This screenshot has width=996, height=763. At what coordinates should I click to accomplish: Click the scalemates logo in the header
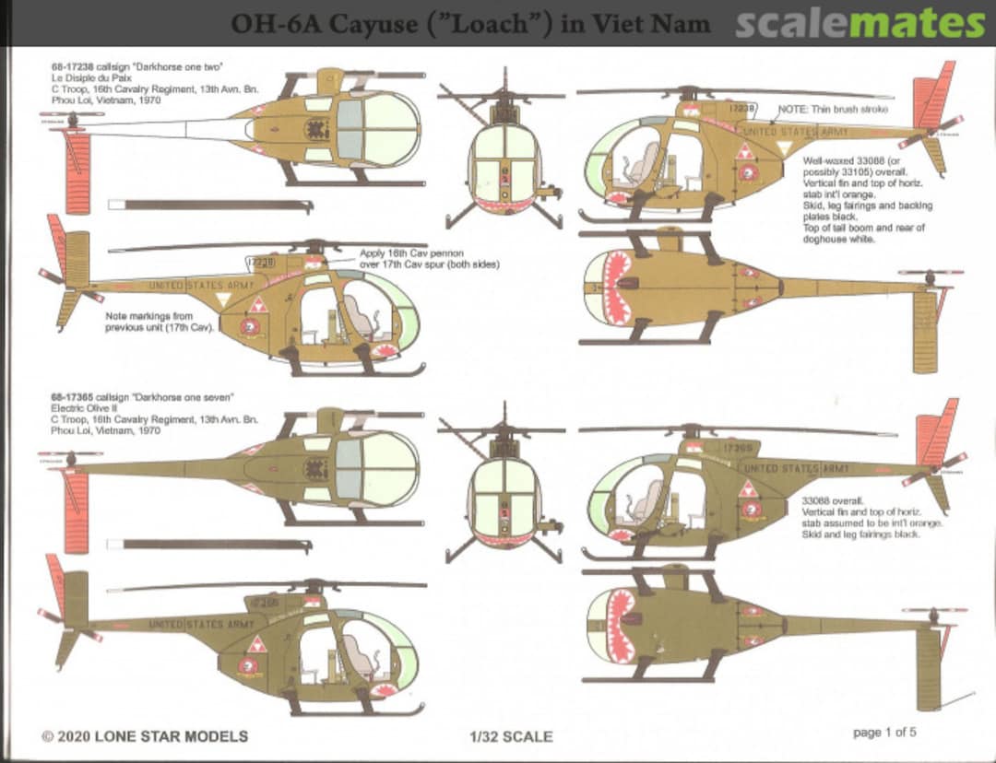pyautogui.click(x=860, y=23)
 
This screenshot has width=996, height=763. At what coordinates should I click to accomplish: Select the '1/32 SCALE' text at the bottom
pyautogui.click(x=511, y=736)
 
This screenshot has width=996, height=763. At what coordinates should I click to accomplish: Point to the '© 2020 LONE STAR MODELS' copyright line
pyautogui.click(x=145, y=736)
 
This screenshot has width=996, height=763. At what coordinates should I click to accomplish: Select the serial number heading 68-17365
pyautogui.click(x=74, y=397)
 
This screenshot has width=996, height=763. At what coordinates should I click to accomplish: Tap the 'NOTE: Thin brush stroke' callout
pyautogui.click(x=834, y=109)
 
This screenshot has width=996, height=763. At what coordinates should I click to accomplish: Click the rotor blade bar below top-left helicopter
pyautogui.click(x=210, y=205)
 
